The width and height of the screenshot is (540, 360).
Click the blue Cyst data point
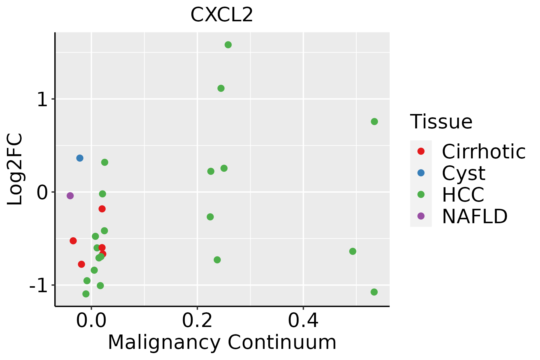click(x=80, y=158)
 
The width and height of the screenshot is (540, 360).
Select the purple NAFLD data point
click(x=70, y=196)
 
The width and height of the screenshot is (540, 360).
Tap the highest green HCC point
click(x=228, y=45)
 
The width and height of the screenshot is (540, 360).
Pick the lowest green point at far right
click(x=374, y=292)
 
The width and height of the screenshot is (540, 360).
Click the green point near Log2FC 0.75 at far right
click(x=374, y=121)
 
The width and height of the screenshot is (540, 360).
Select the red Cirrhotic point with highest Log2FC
click(x=102, y=209)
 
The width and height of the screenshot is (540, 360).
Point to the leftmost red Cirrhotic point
click(x=73, y=241)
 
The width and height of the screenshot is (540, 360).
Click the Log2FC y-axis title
click(x=15, y=169)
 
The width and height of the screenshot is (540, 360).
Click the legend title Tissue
click(x=441, y=122)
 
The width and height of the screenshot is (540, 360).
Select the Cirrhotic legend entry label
click(x=484, y=152)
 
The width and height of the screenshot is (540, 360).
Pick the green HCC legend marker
click(x=421, y=194)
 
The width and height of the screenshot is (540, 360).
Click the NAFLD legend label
click(x=475, y=216)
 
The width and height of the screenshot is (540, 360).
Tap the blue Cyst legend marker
click(x=421, y=173)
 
